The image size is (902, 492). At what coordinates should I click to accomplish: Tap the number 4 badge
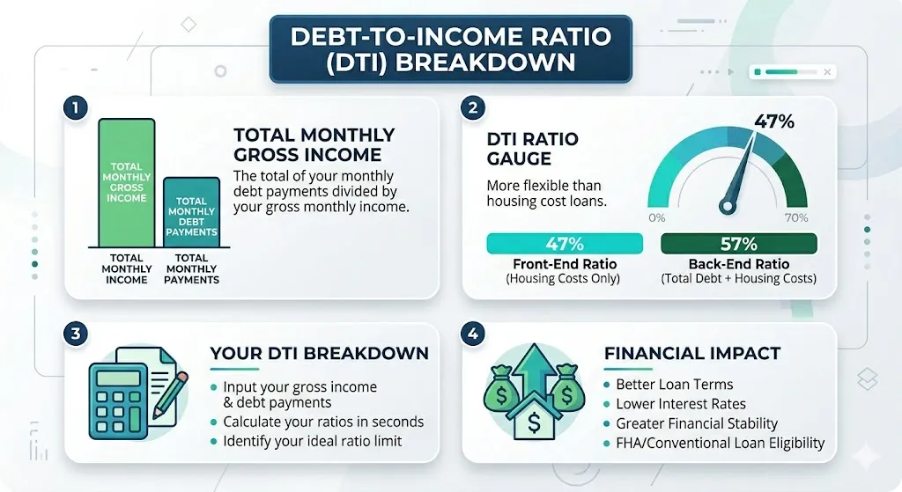click(x=475, y=334)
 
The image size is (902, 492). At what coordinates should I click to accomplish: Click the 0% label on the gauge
click(x=656, y=217)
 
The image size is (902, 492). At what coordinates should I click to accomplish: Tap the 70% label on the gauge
click(x=795, y=217)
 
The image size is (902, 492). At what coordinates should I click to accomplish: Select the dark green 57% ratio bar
click(x=738, y=243)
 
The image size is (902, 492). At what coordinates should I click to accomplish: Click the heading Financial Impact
click(x=692, y=354)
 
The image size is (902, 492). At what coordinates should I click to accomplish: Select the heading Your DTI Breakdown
click(x=319, y=354)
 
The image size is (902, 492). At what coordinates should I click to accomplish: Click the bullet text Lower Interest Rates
click(x=681, y=404)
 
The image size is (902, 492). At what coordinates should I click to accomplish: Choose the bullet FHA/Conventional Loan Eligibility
click(x=720, y=443)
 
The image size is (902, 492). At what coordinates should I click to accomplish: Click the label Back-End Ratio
click(x=738, y=264)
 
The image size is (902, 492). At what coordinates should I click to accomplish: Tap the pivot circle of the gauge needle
click(x=727, y=207)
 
